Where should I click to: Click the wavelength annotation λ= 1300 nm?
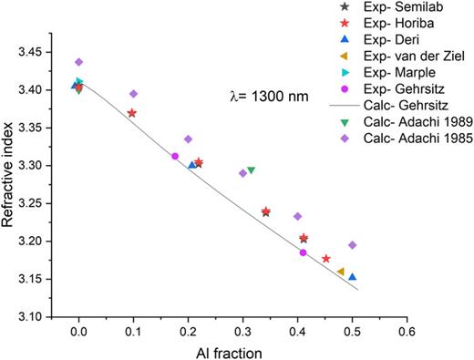(x=267, y=94)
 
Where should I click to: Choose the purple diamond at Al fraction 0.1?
(x=133, y=94)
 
